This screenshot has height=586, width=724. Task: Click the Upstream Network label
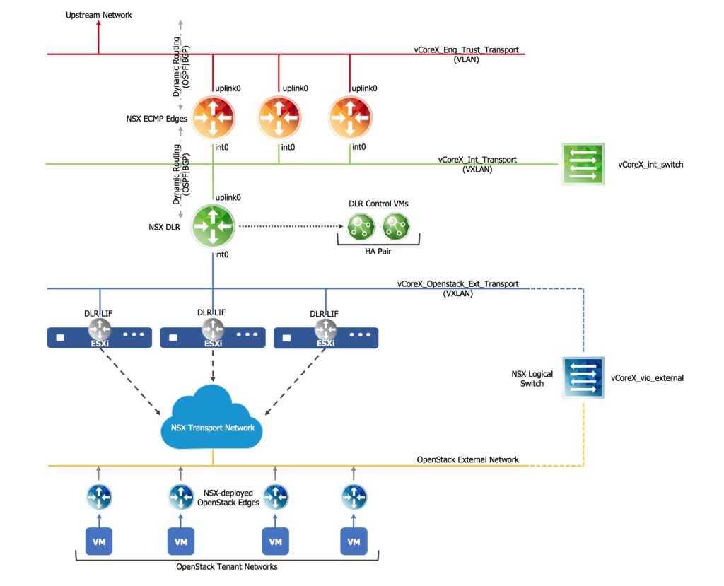coord(98,15)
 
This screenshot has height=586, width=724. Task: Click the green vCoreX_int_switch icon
coord(583,165)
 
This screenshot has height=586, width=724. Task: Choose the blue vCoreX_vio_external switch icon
coord(583,377)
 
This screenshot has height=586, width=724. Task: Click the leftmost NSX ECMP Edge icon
coord(213,119)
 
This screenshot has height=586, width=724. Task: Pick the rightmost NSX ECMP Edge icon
coord(350,119)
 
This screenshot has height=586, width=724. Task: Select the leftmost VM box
coord(99,541)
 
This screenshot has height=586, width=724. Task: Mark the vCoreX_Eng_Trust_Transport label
coord(466,50)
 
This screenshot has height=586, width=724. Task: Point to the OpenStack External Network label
coord(467,459)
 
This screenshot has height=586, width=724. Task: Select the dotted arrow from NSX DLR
coord(290,227)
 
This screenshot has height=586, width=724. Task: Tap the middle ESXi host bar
coord(213,338)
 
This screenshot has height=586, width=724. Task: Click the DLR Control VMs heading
coord(378,204)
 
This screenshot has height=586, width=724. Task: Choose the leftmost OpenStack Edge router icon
coord(99,496)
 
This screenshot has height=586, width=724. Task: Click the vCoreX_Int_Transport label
coord(477,160)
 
